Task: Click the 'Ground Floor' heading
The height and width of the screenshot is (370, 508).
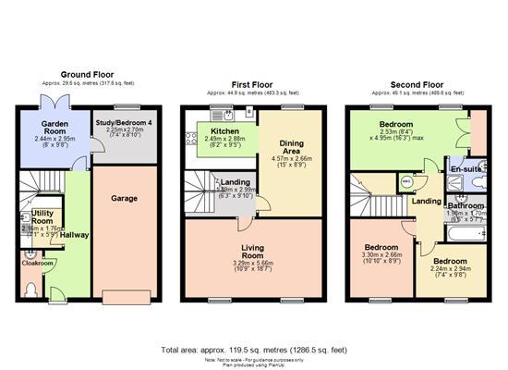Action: [x=87, y=74]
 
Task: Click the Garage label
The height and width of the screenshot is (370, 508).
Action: [x=125, y=198]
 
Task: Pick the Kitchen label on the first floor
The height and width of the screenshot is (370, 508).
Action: [x=225, y=131]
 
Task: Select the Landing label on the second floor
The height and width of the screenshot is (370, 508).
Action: [x=426, y=200]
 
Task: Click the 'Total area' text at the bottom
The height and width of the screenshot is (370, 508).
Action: [x=253, y=350]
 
